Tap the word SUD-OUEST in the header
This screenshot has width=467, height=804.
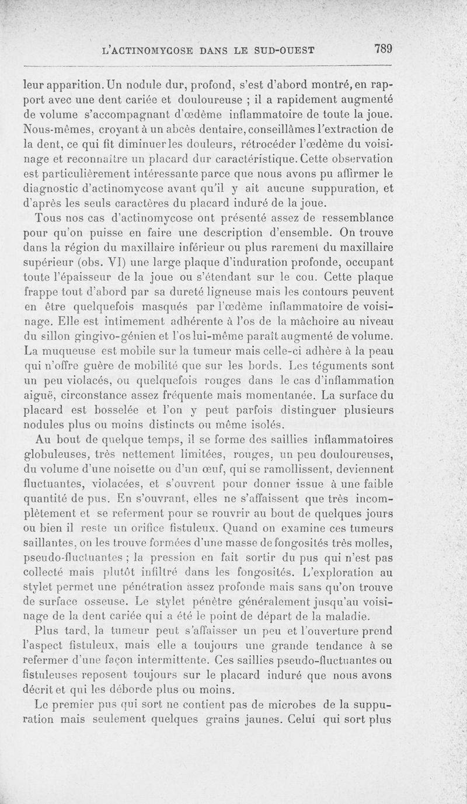(x=281, y=50)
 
